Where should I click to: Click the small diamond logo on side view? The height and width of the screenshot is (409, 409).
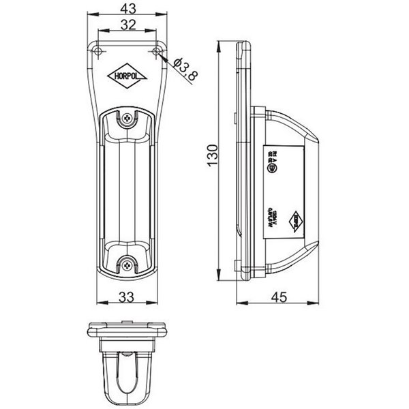pos(295,218)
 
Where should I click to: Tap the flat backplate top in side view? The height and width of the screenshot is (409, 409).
pos(243,46)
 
